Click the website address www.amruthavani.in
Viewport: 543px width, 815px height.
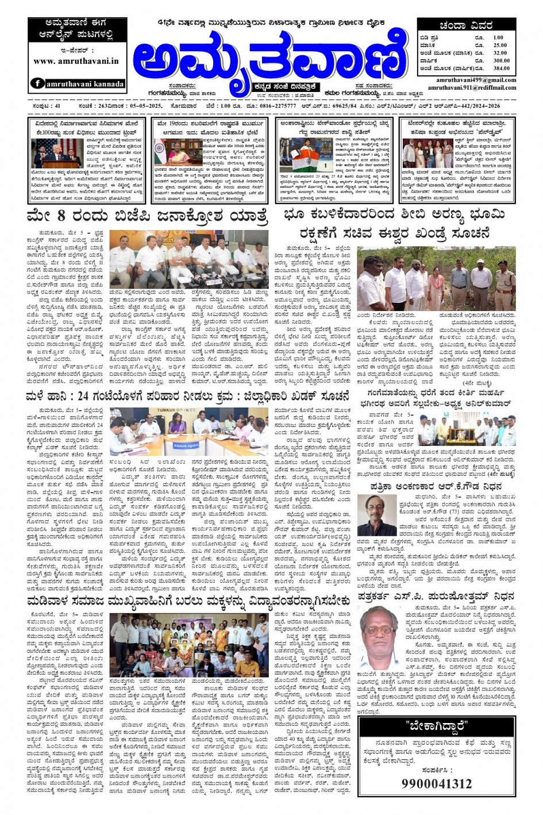[x=76, y=61]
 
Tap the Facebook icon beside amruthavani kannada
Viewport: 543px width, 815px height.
[x=38, y=83]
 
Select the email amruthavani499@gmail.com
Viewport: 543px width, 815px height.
[x=475, y=80]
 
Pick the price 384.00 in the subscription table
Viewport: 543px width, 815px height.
[x=501, y=68]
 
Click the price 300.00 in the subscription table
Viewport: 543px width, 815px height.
[x=501, y=60]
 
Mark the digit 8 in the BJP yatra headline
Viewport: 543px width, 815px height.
[x=61, y=217]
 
